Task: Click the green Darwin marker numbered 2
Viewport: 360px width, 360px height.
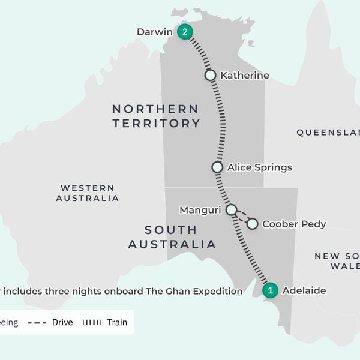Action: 185,32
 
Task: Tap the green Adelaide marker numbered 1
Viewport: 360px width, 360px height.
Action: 271,290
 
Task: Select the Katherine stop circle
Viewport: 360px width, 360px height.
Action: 210,75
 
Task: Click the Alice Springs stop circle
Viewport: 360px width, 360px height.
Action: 217,167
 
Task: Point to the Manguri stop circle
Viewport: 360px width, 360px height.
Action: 231,209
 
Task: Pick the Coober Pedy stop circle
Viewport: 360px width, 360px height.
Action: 252,224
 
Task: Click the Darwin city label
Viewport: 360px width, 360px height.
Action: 155,32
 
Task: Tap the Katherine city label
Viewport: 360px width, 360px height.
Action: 245,76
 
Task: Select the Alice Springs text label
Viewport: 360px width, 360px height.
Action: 259,167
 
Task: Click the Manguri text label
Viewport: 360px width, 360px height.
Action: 200,210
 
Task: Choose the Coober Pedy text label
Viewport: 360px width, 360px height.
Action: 294,224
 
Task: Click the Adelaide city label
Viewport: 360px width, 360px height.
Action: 304,291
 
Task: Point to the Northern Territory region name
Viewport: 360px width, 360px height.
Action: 156,116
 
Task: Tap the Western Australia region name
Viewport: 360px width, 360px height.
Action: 88,193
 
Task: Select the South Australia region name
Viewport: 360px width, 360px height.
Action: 172,237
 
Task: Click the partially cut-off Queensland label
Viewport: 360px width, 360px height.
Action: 328,133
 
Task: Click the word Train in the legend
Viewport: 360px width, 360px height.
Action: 117,322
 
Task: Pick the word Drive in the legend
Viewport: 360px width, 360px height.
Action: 62,322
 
